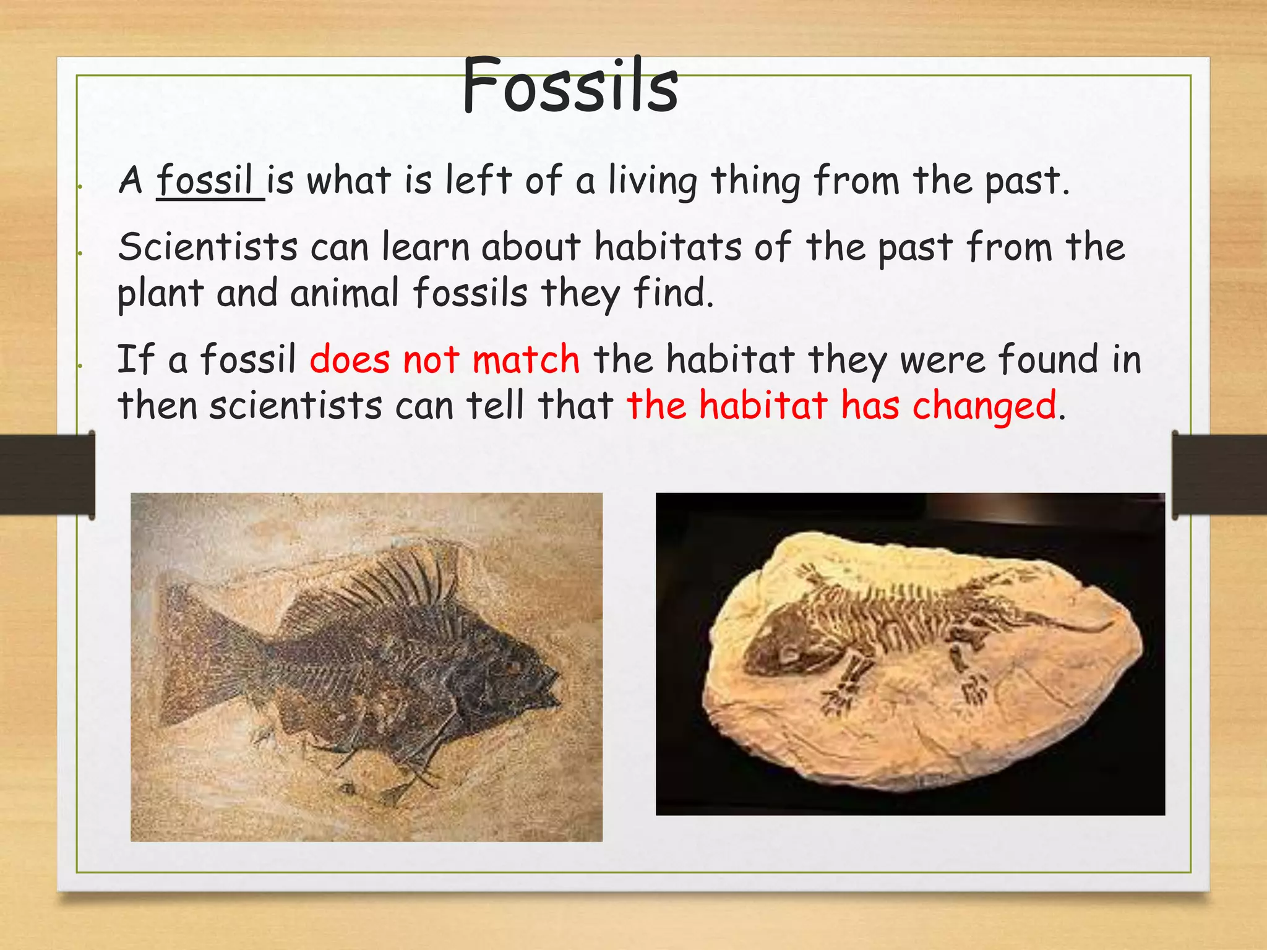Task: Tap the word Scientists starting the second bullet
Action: click(x=208, y=247)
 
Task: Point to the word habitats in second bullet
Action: click(x=668, y=247)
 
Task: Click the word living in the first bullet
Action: click(x=652, y=182)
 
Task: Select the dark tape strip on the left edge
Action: click(x=47, y=474)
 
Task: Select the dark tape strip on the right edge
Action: click(x=1219, y=474)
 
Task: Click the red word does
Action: click(x=350, y=359)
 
